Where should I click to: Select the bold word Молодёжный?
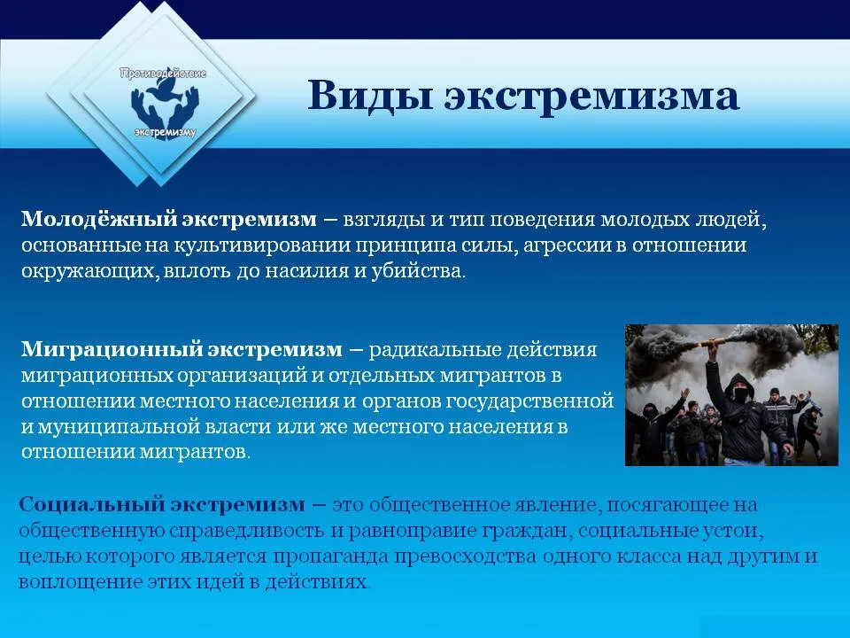98,219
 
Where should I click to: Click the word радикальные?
434,349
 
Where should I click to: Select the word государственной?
529,401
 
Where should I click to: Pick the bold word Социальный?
91,504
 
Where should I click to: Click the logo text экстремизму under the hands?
165,132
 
